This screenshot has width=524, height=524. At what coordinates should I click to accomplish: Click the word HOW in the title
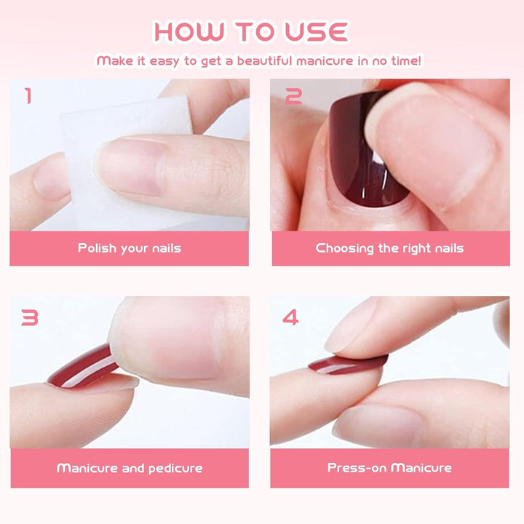(189, 32)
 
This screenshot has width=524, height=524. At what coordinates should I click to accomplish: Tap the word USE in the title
(317, 32)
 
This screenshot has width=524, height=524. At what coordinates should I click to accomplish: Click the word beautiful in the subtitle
(264, 61)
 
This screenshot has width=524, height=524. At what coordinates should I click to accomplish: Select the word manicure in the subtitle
(325, 61)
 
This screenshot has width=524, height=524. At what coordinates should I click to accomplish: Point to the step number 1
(28, 96)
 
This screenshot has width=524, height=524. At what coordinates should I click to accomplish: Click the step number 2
(294, 96)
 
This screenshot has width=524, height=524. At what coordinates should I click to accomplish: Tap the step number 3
(30, 317)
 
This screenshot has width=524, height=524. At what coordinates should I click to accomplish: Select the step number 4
(290, 317)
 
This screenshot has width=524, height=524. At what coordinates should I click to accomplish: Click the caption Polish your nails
(130, 248)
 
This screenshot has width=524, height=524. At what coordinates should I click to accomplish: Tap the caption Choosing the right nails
(389, 248)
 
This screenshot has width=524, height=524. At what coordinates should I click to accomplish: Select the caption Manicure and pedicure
(130, 468)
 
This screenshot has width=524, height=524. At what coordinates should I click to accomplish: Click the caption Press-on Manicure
(389, 467)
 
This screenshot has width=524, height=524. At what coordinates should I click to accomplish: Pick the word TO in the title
(254, 32)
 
